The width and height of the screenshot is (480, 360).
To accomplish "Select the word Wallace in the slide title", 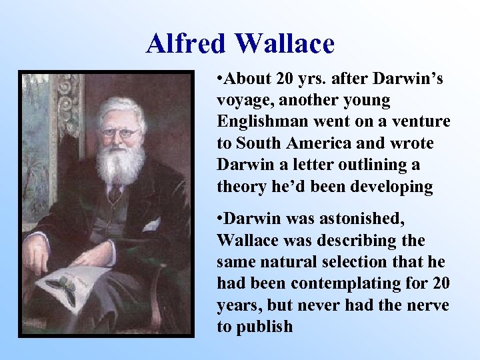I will (x=285, y=44).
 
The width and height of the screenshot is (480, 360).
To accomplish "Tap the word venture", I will (x=424, y=122).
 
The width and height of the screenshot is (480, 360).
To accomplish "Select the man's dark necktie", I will (x=115, y=194).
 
